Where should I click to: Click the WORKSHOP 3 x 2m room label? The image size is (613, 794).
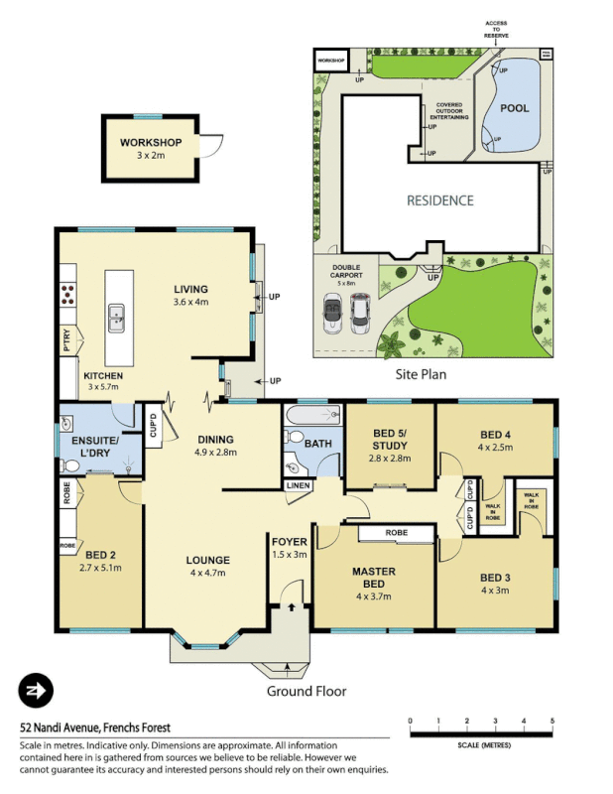[x=152, y=149]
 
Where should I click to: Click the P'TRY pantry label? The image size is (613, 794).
[x=66, y=341]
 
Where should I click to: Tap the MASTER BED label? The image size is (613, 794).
[x=374, y=584]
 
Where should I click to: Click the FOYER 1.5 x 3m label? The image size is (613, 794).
[x=290, y=547]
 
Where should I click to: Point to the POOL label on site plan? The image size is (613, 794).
[x=513, y=107]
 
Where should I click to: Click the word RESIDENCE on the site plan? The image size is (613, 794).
[x=439, y=200]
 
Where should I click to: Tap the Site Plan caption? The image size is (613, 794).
[x=422, y=375]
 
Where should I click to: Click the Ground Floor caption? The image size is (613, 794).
[x=306, y=691]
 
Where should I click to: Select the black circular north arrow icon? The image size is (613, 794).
[x=36, y=690]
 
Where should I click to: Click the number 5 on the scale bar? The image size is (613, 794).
[x=552, y=721]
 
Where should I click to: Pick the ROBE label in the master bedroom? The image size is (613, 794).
[x=396, y=533]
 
